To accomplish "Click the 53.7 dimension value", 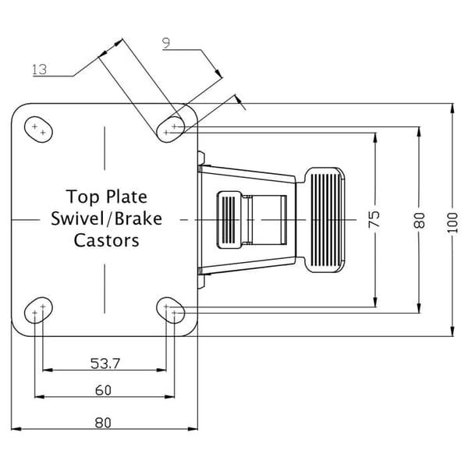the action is tap(105, 363).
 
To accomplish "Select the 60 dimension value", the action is tap(103, 390).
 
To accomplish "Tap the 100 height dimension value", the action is tap(452, 223).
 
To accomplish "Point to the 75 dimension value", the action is tap(374, 219).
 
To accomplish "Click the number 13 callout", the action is tap(40, 69).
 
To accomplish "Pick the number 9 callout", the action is tap(166, 43).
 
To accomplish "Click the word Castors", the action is tap(107, 240).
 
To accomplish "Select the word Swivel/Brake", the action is tap(107, 218).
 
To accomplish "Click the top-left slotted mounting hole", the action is tap(38, 129).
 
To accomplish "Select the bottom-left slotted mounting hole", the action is tap(38, 310).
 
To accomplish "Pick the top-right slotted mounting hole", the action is tap(171, 129).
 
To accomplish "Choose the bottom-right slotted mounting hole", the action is tap(171, 310).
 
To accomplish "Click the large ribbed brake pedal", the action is tap(325, 220).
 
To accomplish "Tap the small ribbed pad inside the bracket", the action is tap(229, 220).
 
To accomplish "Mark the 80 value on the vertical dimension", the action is tap(420, 220).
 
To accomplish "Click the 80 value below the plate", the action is tap(103, 423).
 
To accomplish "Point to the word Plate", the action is tap(127, 197).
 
